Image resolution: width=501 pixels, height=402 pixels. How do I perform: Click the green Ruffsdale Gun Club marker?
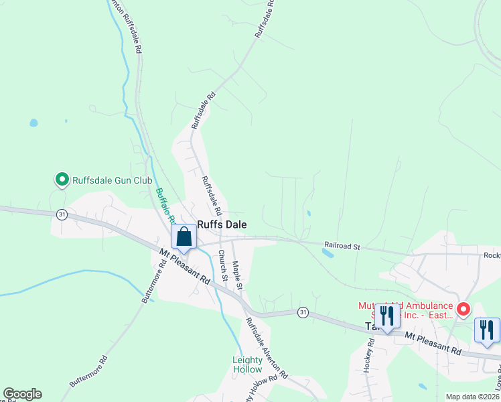pos(62,180)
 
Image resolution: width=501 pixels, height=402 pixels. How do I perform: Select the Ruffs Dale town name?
pos(222,226)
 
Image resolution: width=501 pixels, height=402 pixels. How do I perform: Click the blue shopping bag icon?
pos(184,237)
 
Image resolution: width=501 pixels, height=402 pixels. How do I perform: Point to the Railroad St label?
pos(342,247)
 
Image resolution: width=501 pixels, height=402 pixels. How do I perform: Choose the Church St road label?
pos(222,265)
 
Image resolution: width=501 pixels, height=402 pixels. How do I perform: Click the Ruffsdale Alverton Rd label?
pos(266,347)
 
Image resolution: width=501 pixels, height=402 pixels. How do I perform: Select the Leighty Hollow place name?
pos(247,364)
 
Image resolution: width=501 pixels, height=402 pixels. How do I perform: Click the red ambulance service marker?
pos(463,309)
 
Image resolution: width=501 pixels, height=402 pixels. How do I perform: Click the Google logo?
pos(22,394)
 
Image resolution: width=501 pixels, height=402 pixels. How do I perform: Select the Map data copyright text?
pos(473,397)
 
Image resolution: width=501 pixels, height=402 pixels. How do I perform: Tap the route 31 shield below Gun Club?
pos(62,214)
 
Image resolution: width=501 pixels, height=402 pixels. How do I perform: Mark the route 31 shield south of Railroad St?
pos(303,312)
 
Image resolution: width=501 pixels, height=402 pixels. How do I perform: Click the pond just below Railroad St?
pos(328,254)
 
